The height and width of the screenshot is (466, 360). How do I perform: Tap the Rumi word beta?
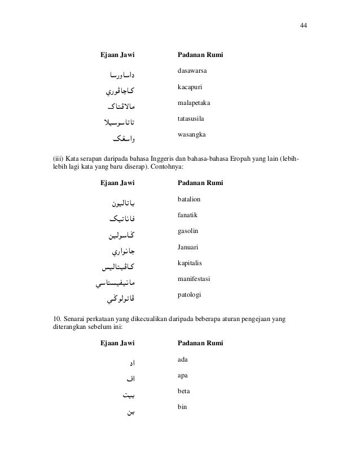[183, 390]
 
